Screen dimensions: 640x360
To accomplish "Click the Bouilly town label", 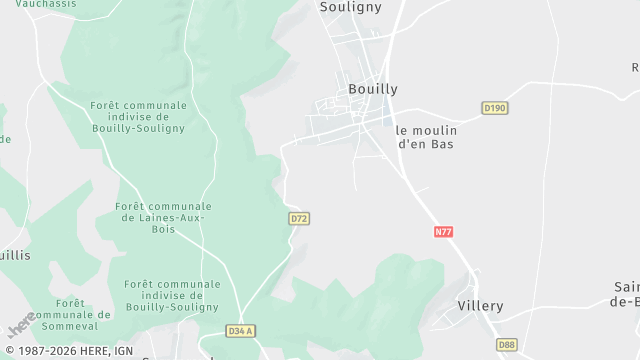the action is point(372,89).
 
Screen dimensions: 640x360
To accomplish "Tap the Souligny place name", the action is point(351,6).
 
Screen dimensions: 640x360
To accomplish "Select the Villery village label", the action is point(480,306).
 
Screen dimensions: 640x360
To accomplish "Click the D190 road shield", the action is point(495,108).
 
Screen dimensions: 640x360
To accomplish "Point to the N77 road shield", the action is point(444,232).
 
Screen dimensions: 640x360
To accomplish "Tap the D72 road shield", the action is point(297,217).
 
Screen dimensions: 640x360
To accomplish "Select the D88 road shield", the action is point(508,343).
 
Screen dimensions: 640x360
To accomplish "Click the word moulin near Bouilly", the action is point(432,130).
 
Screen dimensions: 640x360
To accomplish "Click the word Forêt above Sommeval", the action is point(70,303).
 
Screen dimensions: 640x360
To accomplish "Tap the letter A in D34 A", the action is point(250,331).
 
